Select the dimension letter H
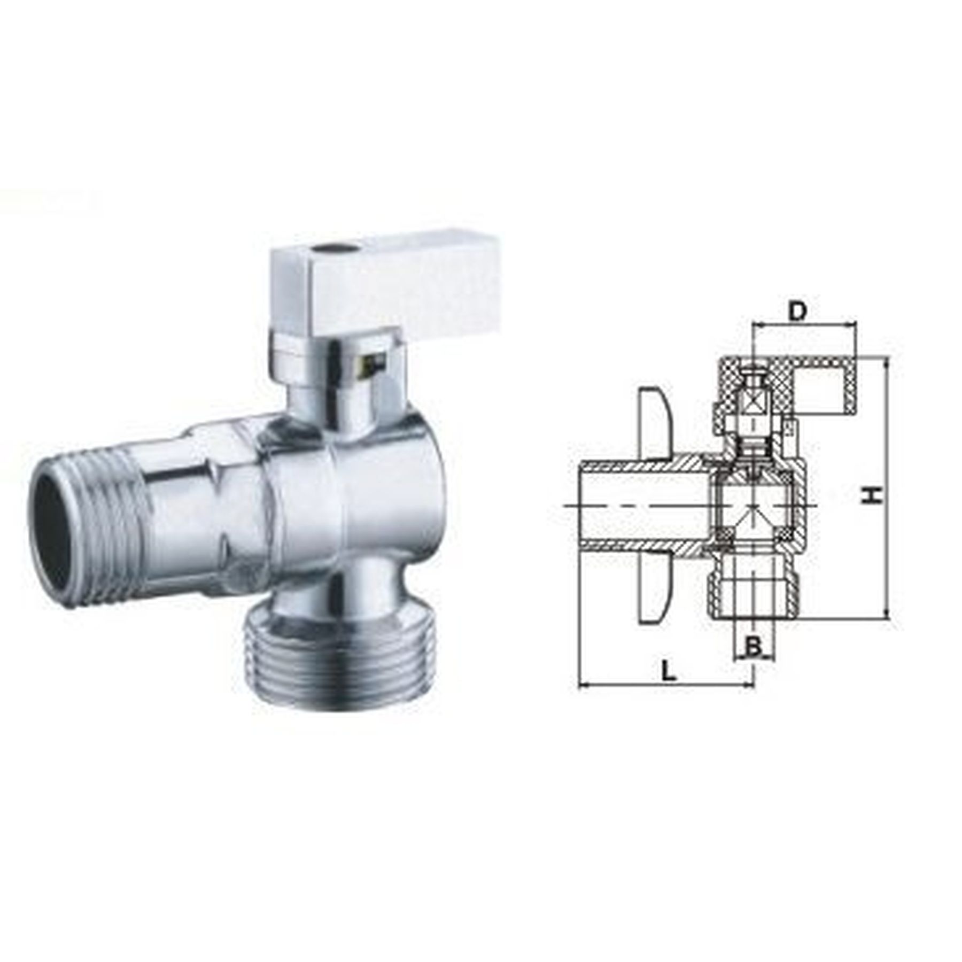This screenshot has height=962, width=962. click(872, 494)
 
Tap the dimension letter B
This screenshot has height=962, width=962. click(753, 647)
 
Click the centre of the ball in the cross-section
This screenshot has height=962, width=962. click(753, 506)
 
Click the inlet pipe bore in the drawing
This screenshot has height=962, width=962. click(641, 506)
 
